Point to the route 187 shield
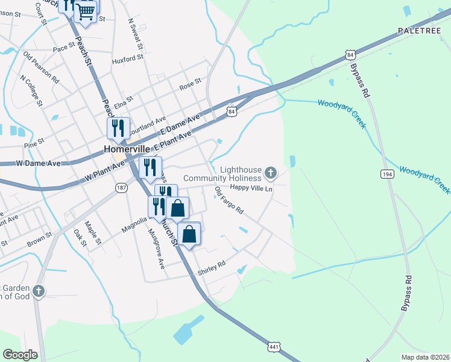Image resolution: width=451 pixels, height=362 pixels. click(121, 188)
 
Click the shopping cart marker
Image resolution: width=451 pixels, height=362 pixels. click(86, 11)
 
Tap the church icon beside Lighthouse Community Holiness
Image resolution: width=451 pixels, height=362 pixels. click(271, 174)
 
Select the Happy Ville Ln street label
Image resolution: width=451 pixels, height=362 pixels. click(252, 188)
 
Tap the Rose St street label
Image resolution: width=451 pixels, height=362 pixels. click(189, 86)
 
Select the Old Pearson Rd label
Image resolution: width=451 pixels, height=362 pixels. click(41, 66)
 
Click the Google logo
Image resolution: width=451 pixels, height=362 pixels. click(20, 355)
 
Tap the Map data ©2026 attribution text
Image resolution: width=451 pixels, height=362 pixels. click(424, 357)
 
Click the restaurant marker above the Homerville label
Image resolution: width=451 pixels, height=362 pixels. click(118, 127)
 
